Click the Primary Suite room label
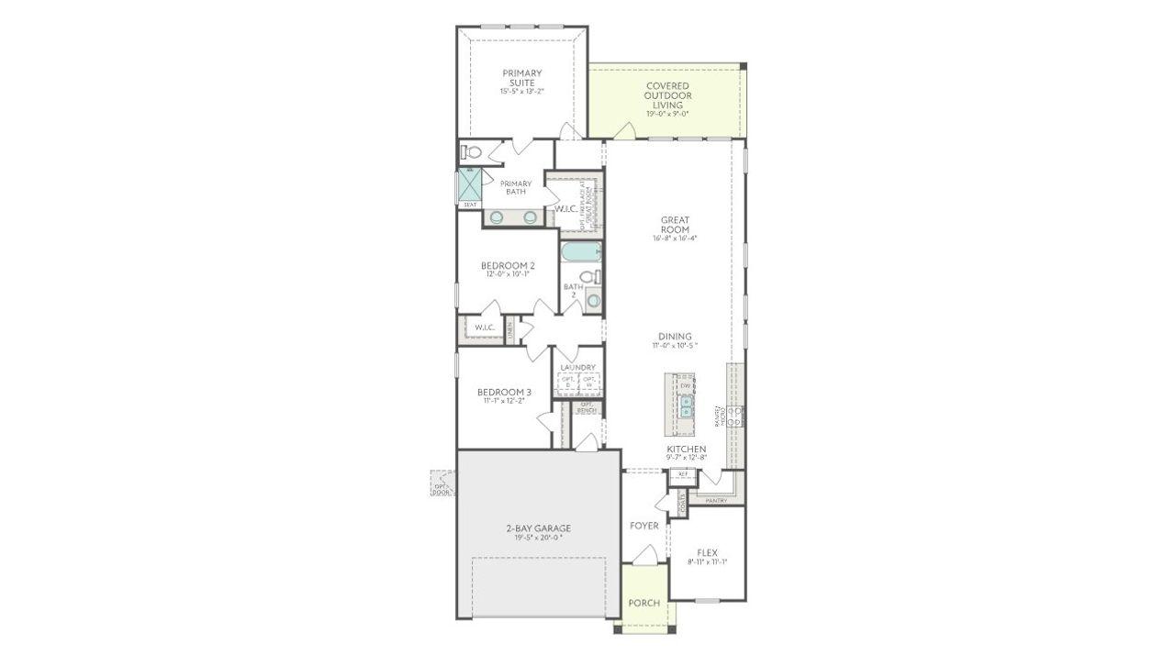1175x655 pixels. [520, 78]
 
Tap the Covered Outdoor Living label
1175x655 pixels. [667, 96]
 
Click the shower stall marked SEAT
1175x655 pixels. [470, 186]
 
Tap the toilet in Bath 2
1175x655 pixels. [588, 277]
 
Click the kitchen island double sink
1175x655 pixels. [686, 406]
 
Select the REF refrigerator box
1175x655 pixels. [682, 475]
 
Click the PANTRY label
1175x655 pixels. [716, 501]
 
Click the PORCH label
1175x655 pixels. [643, 603]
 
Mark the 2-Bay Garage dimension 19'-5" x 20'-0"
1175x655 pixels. [538, 538]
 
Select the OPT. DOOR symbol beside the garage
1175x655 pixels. [442, 483]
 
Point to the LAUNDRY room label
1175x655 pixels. [578, 367]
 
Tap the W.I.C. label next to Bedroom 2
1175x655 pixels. [485, 327]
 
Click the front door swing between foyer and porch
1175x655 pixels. [645, 554]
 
